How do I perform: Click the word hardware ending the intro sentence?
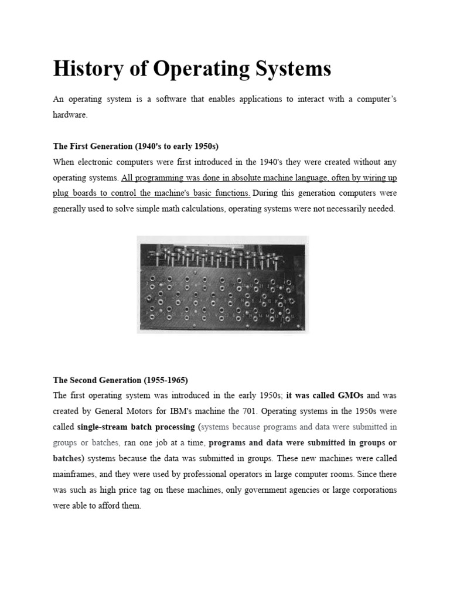point(70,115)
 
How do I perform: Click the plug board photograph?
point(223,284)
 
